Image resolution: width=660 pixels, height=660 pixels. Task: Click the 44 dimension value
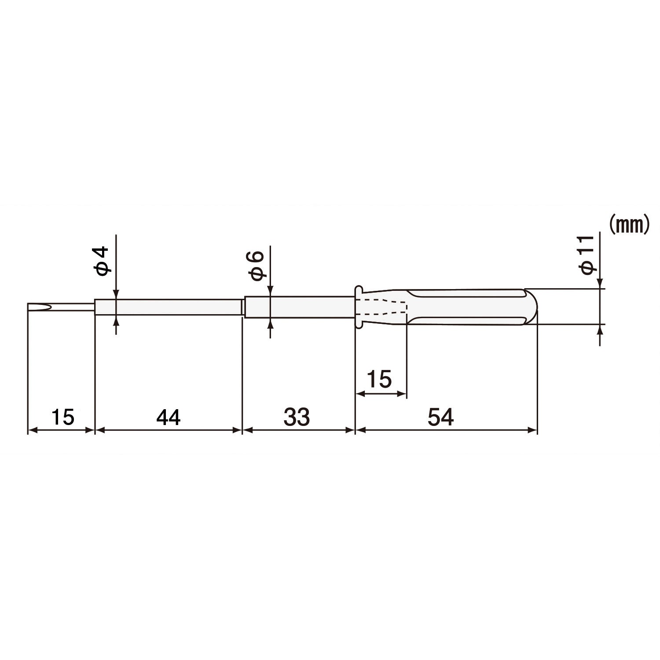(x=169, y=417)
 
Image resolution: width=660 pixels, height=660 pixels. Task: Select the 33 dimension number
(x=297, y=417)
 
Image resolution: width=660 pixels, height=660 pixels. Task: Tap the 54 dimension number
(x=440, y=417)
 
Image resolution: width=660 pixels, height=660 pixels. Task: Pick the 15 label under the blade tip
(x=62, y=417)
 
